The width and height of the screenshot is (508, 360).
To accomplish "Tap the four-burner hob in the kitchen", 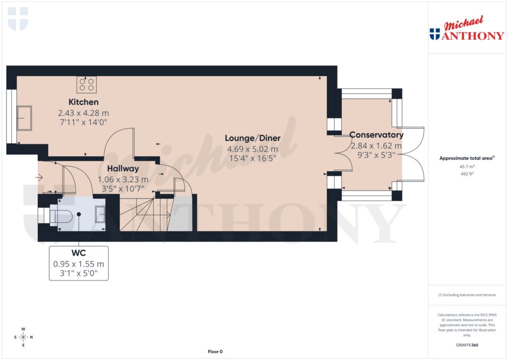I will [x=86, y=85].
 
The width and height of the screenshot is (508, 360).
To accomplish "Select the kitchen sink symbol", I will [x=24, y=118].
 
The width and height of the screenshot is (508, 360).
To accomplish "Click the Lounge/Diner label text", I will [x=253, y=138].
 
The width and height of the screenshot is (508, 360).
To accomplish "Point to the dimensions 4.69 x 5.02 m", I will [x=253, y=149].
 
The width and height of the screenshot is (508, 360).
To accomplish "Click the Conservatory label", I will [x=376, y=135].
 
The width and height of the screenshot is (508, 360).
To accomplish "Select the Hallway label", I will [x=123, y=169].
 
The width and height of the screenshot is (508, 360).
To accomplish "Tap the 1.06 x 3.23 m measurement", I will [x=123, y=179].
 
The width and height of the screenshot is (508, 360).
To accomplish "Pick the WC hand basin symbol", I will [x=100, y=214].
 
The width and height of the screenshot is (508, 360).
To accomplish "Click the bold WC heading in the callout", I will [x=78, y=253].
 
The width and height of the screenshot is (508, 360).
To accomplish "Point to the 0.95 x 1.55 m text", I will [x=78, y=264].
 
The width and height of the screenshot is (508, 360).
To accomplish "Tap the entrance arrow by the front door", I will [x=39, y=177].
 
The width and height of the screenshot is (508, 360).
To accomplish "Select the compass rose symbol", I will [x=23, y=337].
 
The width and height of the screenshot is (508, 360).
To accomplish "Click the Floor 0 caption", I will [x=215, y=352].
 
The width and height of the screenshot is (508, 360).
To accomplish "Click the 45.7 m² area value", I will [x=467, y=167].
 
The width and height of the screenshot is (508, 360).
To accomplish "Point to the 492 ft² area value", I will [x=467, y=174].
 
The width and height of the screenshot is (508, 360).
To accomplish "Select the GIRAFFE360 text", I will [x=467, y=345].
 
